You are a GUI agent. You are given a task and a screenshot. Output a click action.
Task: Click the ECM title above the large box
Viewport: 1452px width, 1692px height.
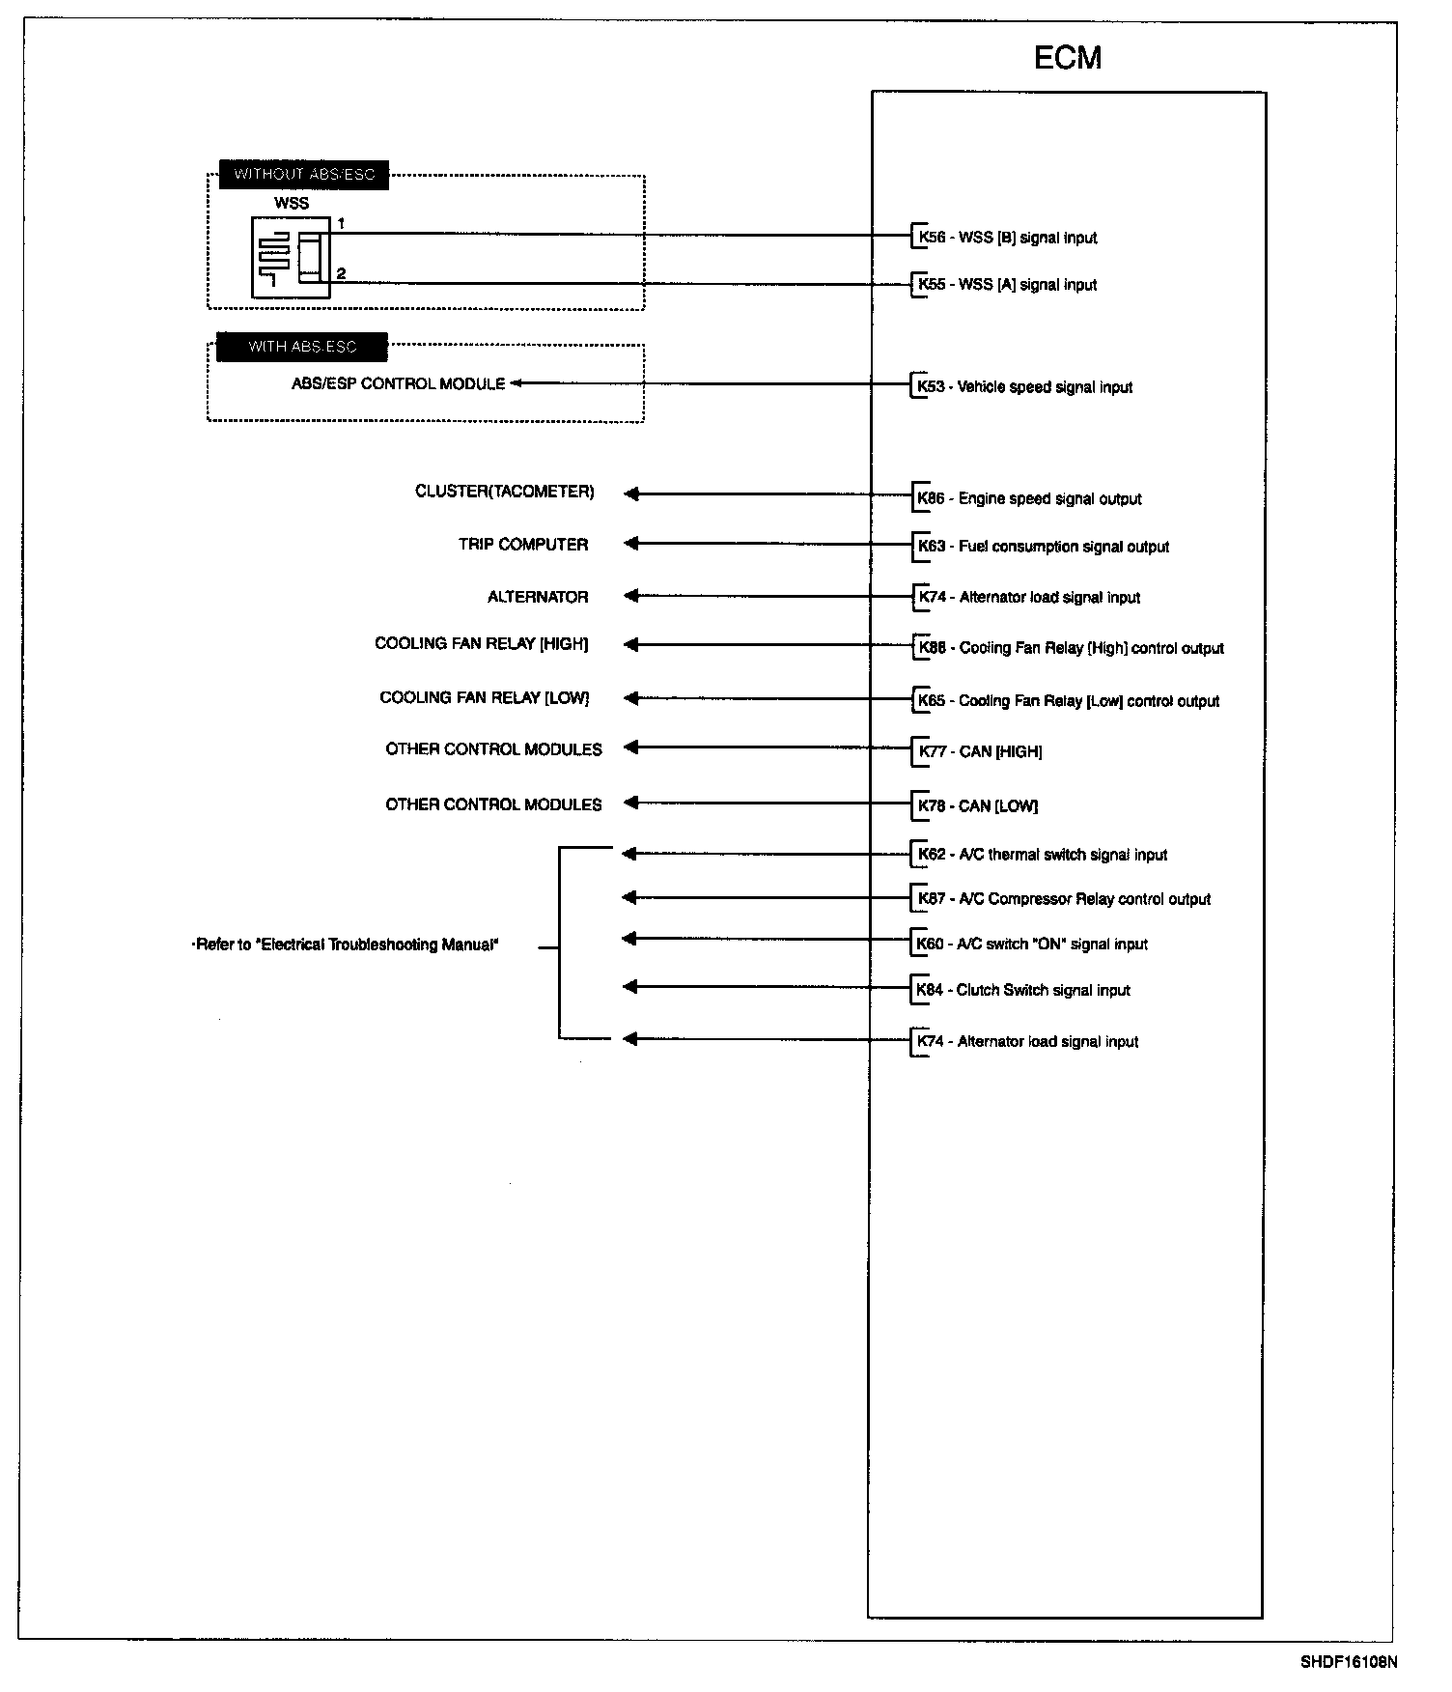coord(1067,58)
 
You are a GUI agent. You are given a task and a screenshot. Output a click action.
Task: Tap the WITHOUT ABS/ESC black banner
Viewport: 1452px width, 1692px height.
coord(304,175)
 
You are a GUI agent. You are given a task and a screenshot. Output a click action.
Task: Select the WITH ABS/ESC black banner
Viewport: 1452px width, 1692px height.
coord(302,347)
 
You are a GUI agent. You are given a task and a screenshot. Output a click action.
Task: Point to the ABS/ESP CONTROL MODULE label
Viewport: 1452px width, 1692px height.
coord(398,383)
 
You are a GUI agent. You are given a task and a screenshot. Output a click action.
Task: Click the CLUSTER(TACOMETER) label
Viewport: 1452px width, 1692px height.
coord(504,492)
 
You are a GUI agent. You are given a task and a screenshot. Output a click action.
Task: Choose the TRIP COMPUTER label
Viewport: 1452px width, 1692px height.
coord(522,545)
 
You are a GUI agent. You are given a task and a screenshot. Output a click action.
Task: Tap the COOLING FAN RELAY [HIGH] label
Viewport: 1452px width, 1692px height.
coord(481,644)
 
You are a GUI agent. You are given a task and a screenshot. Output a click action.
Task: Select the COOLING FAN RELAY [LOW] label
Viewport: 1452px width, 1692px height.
coord(484,697)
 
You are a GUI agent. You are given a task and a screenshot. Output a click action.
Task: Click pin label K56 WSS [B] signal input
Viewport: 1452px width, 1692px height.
coord(1007,238)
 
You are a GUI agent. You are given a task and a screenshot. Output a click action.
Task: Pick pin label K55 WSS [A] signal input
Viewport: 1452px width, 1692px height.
coord(1007,285)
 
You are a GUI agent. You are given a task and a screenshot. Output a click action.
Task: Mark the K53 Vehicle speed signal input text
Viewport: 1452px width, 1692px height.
coord(1024,387)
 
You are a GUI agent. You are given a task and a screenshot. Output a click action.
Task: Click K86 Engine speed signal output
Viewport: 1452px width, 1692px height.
coord(1029,499)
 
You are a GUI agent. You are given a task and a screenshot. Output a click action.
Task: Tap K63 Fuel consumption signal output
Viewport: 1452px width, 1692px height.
coord(1043,547)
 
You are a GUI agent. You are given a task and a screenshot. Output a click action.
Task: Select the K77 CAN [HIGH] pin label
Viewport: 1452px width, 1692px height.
coord(979,751)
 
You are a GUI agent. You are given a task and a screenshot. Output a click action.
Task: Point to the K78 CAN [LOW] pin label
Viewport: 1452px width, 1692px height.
coord(977,805)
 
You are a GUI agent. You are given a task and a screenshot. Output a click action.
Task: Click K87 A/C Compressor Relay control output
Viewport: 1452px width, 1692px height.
coord(1063,899)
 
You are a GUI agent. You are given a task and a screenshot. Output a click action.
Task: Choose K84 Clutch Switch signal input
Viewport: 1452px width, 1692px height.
coord(1023,990)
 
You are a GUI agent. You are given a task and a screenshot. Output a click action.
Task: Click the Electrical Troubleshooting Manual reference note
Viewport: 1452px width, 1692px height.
coord(347,945)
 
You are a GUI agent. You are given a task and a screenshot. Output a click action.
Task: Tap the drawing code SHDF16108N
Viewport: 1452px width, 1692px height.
coord(1348,1662)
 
